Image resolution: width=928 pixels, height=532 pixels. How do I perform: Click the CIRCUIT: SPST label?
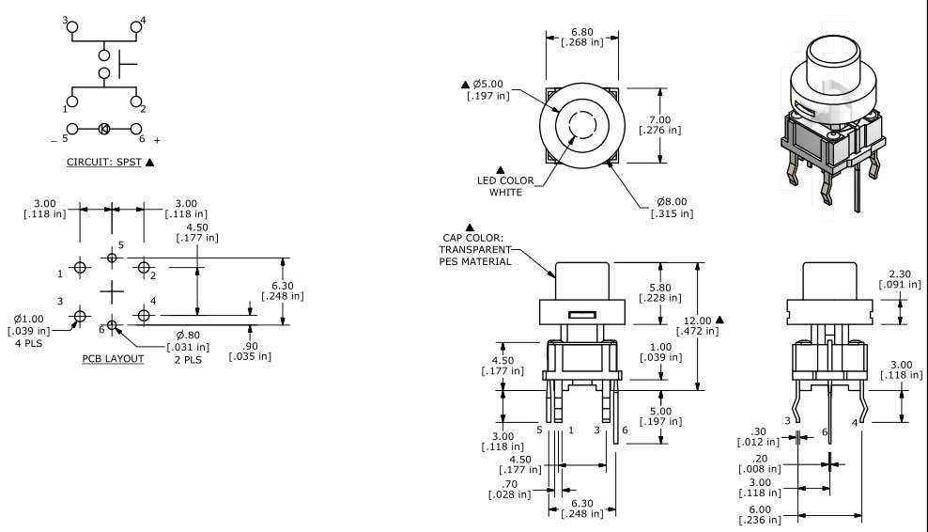[x=104, y=162]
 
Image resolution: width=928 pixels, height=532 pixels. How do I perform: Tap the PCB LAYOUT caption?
[x=113, y=358]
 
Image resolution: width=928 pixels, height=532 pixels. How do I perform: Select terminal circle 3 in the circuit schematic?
[x=71, y=27]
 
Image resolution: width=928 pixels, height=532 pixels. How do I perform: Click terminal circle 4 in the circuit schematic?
[x=135, y=27]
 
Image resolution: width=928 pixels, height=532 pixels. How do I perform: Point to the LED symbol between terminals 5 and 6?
[x=104, y=129]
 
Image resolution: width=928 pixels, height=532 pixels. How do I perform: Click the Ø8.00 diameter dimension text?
[x=672, y=207]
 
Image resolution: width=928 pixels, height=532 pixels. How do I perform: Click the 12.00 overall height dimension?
[x=701, y=324]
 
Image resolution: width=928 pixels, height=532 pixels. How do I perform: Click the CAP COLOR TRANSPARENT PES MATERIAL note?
[x=475, y=249]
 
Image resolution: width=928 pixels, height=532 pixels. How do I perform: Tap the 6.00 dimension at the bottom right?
[x=759, y=514]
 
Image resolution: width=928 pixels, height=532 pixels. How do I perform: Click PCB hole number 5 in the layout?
[x=112, y=257]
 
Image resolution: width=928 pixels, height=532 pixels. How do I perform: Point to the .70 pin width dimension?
[x=509, y=489]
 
